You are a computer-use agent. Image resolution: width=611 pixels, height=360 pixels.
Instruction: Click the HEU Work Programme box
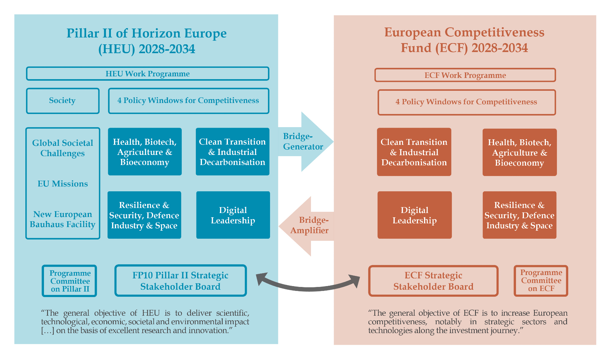tap(148, 74)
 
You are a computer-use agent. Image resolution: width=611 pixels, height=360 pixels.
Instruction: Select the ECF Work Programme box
tap(465, 75)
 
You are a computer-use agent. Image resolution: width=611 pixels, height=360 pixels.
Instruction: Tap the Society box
tap(63, 101)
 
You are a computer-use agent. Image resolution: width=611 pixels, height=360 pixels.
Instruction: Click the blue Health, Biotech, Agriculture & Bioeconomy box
tap(145, 152)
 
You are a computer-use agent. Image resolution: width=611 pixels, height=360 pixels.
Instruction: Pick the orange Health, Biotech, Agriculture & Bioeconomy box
tap(519, 152)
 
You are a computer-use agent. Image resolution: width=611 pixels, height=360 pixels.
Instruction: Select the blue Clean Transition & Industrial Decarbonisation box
tap(232, 152)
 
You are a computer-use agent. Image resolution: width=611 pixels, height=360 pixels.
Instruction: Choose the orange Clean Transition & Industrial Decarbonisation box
tap(414, 152)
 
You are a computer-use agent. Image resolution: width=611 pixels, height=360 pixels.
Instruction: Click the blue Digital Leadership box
tap(233, 215)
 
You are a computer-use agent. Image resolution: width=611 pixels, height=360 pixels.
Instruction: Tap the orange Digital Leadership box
tap(415, 215)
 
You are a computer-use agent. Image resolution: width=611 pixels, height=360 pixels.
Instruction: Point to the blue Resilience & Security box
tap(144, 215)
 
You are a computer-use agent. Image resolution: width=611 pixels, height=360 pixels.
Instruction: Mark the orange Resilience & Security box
tap(519, 215)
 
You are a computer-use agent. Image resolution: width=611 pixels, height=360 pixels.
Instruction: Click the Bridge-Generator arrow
tap(305, 141)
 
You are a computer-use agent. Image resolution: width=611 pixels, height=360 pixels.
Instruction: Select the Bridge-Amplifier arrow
tap(307, 226)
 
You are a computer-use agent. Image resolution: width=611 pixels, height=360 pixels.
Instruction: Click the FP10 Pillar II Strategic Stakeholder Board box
tap(181, 281)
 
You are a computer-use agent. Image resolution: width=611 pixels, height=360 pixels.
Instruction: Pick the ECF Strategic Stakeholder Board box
tap(433, 281)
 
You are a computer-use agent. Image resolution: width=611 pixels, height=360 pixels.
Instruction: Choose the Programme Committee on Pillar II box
tap(70, 281)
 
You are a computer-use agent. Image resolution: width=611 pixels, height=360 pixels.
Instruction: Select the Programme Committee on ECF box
tap(541, 281)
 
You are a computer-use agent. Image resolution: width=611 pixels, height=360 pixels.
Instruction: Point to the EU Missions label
tap(63, 184)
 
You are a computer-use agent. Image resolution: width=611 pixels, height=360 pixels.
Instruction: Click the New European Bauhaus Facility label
tap(63, 219)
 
